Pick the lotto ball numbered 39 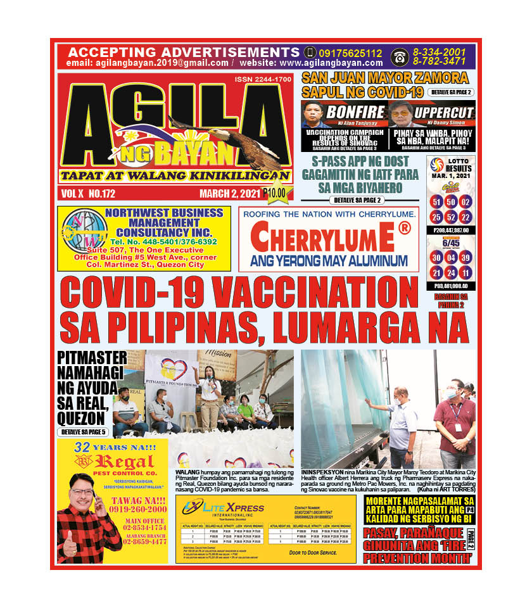pyautogui.click(x=465, y=258)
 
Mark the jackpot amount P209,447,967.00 pyautogui.click(x=451, y=231)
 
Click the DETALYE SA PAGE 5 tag pyautogui.click(x=84, y=432)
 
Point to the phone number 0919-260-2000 pyautogui.click(x=136, y=509)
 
